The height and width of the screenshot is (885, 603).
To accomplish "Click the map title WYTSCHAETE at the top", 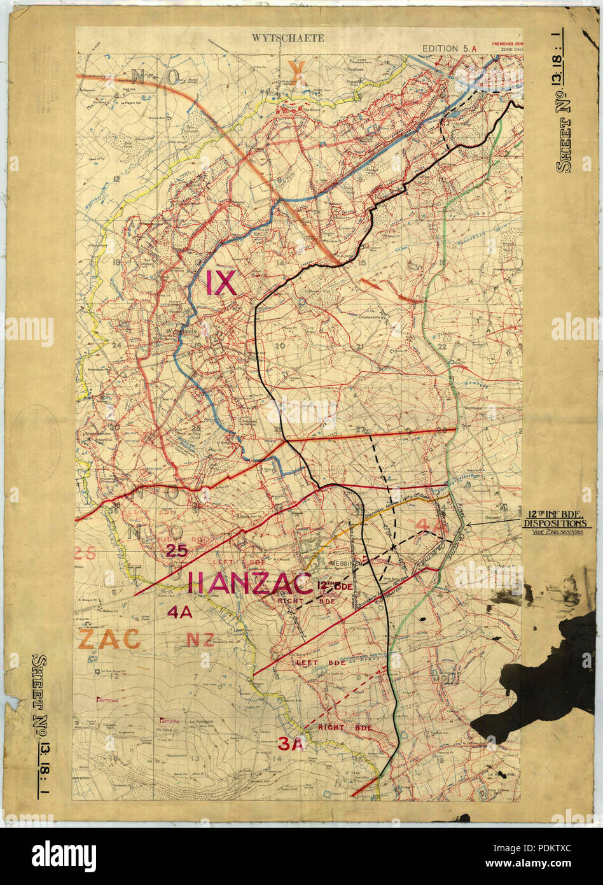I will coord(288,38).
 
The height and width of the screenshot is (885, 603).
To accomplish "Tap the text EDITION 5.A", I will coord(449,48).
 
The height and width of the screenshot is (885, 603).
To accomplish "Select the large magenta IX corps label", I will coord(221,283).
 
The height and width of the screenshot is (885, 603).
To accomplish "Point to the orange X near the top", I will coord(297,73).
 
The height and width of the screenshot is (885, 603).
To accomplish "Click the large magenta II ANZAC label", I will coord(251,583).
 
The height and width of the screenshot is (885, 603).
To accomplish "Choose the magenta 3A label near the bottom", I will coord(292,743).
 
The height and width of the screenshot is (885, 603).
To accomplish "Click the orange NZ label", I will coord(200,640).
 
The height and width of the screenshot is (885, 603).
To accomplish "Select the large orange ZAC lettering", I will coord(109,638).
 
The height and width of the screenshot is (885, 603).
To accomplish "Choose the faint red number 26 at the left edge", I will coord(88,551).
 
